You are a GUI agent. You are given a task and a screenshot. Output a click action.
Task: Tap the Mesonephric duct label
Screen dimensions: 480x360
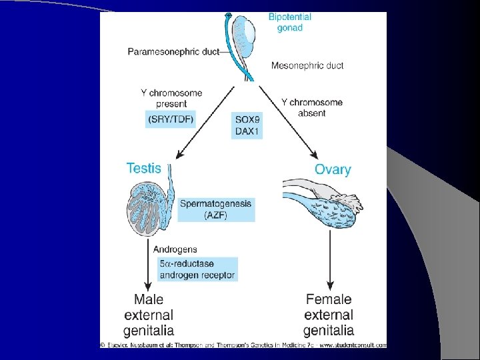click(307, 65)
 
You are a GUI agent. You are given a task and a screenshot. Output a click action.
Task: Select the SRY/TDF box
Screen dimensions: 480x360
click(172, 120)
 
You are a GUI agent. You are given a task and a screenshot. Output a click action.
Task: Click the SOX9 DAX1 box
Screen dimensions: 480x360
click(247, 125)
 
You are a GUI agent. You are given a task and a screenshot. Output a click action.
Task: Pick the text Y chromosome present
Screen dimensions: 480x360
click(172, 99)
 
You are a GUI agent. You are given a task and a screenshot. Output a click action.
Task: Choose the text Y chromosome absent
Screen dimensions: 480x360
click(312, 107)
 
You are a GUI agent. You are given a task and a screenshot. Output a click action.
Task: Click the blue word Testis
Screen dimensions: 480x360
click(144, 168)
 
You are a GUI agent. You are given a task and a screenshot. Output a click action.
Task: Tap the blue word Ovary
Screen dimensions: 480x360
click(332, 169)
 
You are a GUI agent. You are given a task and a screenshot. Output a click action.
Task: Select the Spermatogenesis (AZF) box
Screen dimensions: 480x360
click(216, 209)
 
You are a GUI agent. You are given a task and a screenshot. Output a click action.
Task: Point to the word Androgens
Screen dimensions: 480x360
click(174, 249)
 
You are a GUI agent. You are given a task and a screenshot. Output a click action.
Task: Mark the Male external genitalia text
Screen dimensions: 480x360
click(149, 315)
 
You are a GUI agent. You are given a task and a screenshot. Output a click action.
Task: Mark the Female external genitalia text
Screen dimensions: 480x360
click(328, 315)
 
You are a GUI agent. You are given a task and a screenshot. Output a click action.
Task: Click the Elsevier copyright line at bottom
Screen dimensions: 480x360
click(243, 345)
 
